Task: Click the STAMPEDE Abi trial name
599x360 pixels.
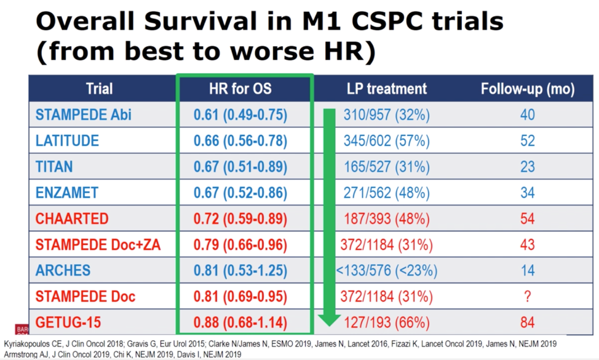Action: (x=83, y=114)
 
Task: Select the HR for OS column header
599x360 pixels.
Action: (x=240, y=89)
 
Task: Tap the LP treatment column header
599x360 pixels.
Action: (x=387, y=89)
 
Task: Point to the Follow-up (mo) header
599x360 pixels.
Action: (x=528, y=89)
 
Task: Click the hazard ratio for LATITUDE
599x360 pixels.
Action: (x=240, y=141)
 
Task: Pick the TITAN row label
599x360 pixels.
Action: (x=54, y=167)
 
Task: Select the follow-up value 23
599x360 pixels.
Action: (x=528, y=167)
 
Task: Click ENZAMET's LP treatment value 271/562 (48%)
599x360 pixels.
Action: (x=387, y=193)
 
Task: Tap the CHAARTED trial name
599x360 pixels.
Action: (x=72, y=218)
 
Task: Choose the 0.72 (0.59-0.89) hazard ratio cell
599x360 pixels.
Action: (x=240, y=219)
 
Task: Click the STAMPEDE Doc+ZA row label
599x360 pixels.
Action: (x=98, y=244)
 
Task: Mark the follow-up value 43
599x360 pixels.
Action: (x=528, y=244)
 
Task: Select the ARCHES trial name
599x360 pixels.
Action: (x=63, y=271)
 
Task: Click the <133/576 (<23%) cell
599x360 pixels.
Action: (x=387, y=271)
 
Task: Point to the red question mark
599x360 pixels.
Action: (x=528, y=297)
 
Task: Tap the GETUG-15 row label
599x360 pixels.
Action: (x=68, y=322)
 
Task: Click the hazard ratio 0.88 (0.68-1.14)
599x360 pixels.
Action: (x=240, y=322)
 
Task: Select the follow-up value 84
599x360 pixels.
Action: (x=528, y=322)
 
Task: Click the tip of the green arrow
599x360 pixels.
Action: (x=329, y=326)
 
